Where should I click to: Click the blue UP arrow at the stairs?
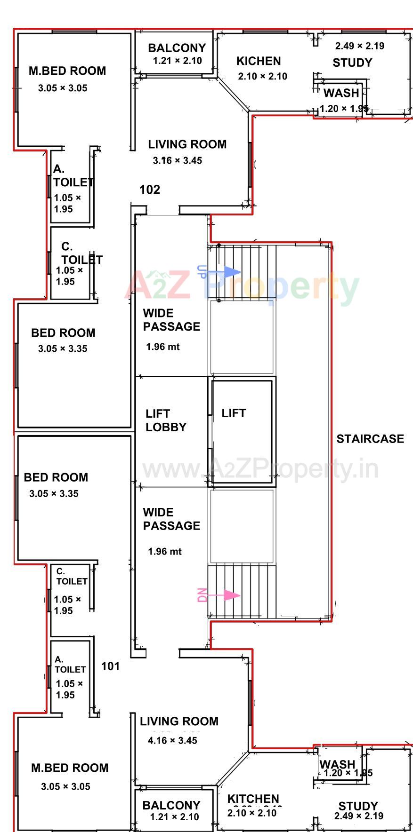point(230,272)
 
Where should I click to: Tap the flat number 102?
point(150,190)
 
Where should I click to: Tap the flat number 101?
point(110,666)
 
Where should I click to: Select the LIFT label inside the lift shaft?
point(234,413)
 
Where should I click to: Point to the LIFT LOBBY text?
point(166,420)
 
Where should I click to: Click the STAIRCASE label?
point(370,439)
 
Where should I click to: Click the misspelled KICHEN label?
point(258,61)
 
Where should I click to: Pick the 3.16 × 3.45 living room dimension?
point(177,160)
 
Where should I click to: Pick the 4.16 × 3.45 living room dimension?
point(172,740)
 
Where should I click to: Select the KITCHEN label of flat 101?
point(253,799)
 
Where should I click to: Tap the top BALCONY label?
point(177,48)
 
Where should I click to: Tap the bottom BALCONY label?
point(171,805)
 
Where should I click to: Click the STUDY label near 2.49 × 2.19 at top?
point(352,63)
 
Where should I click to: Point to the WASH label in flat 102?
point(341,93)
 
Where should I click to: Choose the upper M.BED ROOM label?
point(67,71)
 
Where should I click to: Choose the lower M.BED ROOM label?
point(70,768)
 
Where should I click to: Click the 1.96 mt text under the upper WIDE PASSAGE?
point(162,347)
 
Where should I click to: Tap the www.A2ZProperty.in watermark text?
point(260,468)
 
